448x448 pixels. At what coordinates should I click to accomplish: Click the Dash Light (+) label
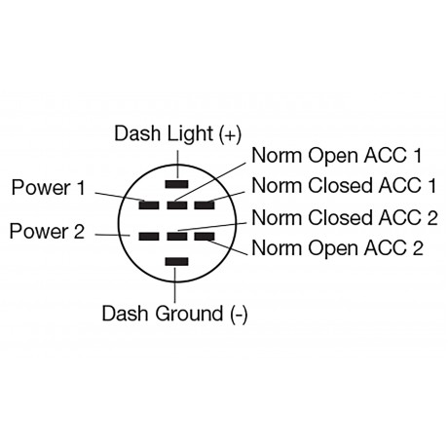176,133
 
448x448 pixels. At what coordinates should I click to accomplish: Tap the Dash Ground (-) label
174,314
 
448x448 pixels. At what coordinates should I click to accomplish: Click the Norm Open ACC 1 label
336,156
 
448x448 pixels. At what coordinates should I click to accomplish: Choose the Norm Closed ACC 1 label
344,185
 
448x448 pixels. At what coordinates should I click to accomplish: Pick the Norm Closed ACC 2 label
344,217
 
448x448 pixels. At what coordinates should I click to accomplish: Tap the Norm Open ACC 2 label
336,247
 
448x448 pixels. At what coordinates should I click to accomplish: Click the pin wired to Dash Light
176,183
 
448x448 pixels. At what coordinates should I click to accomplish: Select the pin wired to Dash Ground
176,261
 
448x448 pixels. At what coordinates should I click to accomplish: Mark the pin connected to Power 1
149,205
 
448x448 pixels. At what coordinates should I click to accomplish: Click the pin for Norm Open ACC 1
176,205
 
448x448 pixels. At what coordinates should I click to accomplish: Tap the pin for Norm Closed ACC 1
204,205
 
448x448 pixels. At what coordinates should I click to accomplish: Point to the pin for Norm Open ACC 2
204,236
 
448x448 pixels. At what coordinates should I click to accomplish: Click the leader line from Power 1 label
122,197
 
